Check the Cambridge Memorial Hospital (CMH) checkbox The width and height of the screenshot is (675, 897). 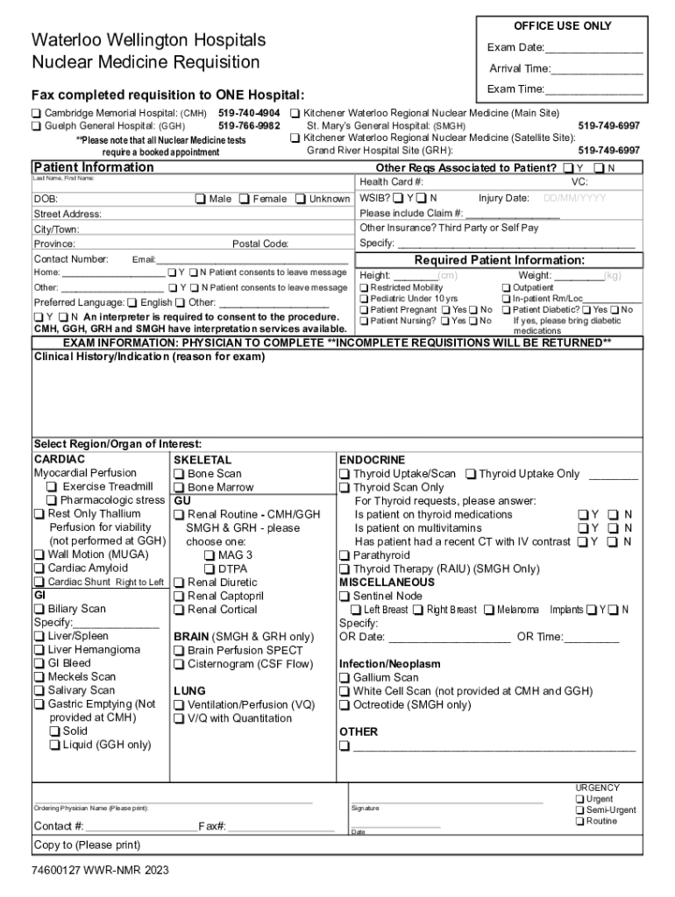(x=37, y=114)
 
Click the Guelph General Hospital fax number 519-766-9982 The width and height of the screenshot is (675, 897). (x=249, y=126)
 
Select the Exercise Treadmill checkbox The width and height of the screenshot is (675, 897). (x=53, y=487)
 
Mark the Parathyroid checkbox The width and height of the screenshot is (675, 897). (x=345, y=555)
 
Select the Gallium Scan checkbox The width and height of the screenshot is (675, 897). (x=345, y=678)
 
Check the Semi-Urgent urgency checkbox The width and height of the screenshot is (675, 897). (x=580, y=810)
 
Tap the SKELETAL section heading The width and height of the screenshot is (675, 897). (x=202, y=460)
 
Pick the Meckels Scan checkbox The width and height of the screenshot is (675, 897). (x=39, y=677)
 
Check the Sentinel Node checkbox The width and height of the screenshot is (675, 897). (x=345, y=597)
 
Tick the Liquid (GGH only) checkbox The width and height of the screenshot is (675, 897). (x=54, y=745)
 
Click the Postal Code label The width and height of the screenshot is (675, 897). (x=260, y=244)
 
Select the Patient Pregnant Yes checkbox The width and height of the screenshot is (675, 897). (x=445, y=310)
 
